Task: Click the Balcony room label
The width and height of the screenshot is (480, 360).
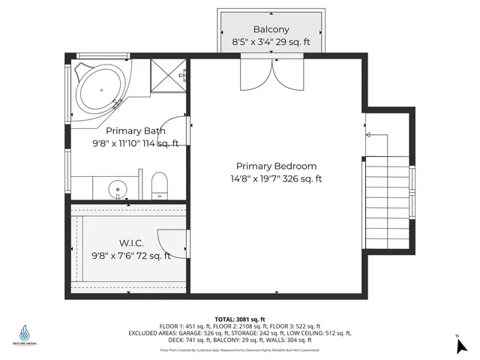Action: click(x=271, y=31)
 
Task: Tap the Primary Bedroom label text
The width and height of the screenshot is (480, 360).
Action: click(x=276, y=166)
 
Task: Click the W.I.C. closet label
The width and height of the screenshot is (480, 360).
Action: click(x=130, y=244)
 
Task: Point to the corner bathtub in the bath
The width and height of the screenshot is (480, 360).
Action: click(x=101, y=91)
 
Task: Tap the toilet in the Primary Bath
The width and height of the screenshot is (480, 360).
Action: click(x=159, y=185)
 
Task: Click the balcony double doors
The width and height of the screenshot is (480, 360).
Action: click(x=271, y=73)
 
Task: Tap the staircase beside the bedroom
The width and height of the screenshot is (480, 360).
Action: click(x=387, y=202)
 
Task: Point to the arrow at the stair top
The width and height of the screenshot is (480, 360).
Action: click(x=367, y=135)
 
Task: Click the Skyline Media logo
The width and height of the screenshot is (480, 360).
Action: click(x=25, y=334)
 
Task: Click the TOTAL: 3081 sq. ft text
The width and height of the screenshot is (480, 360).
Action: click(x=240, y=319)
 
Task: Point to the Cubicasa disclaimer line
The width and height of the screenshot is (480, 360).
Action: click(x=239, y=349)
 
